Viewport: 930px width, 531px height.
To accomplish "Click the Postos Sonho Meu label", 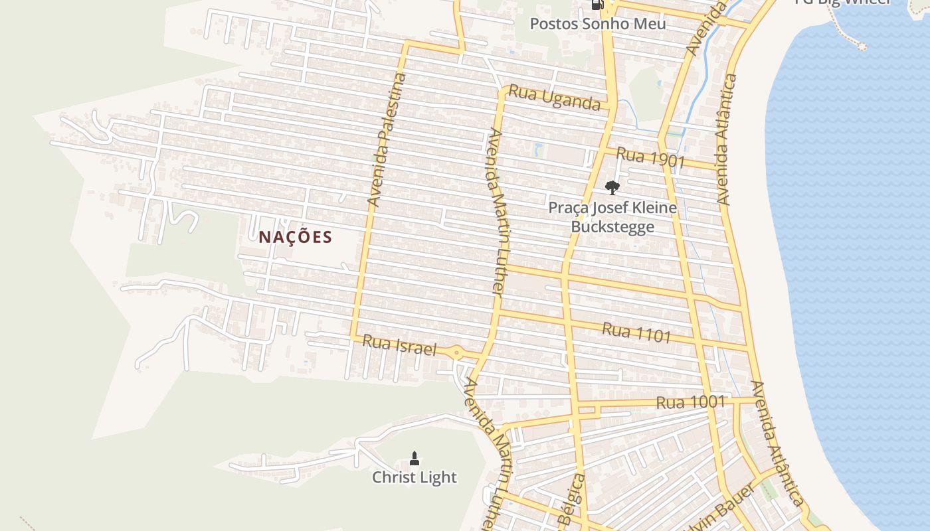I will pos(597,25).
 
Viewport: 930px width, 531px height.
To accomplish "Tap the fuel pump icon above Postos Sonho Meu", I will pos(597,5).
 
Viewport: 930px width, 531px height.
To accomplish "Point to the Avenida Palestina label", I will pos(387,139).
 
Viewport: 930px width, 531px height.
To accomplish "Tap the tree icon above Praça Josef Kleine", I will pos(612,187).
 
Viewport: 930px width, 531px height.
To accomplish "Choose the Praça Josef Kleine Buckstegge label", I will pos(612,217).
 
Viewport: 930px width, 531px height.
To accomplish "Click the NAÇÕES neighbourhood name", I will pos(295,237).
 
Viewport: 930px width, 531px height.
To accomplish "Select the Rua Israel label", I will pos(399,345).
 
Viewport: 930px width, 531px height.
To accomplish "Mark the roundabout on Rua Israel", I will pos(456,352).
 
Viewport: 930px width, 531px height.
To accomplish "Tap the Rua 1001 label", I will pos(690,402).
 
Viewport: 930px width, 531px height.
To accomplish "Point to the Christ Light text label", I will pos(414,477).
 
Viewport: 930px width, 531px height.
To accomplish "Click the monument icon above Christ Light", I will pos(415,458).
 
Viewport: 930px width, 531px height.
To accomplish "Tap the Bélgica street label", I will pos(572,501).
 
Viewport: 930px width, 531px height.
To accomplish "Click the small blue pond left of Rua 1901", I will pos(538,150).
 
